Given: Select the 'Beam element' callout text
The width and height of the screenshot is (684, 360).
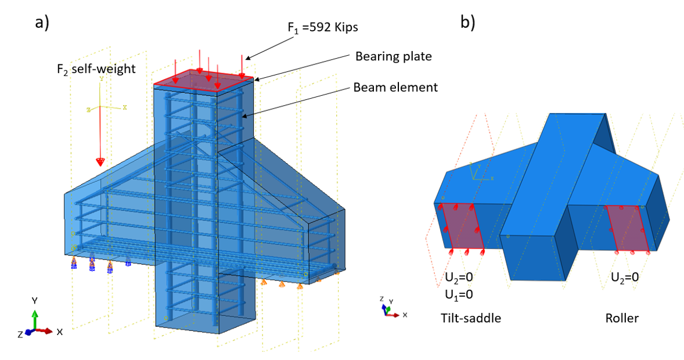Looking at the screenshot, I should tap(395, 88).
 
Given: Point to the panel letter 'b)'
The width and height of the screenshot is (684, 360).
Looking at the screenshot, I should tap(468, 21).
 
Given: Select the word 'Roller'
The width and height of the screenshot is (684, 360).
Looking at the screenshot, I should tap(621, 318).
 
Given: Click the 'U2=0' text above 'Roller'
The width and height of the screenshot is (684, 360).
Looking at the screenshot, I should tap(625, 277).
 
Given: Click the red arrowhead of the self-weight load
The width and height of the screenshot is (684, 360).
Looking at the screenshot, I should tap(100, 162).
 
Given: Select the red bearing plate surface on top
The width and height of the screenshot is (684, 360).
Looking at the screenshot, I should tap(203, 80).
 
